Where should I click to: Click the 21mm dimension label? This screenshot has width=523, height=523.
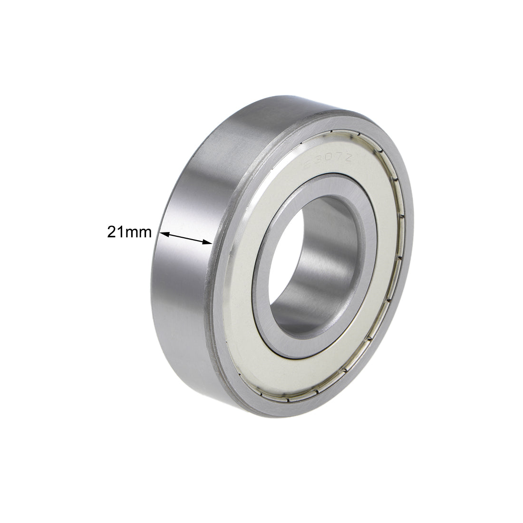click(129, 232)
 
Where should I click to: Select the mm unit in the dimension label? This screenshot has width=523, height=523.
click(139, 232)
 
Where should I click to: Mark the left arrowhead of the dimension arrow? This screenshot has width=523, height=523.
click(164, 233)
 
